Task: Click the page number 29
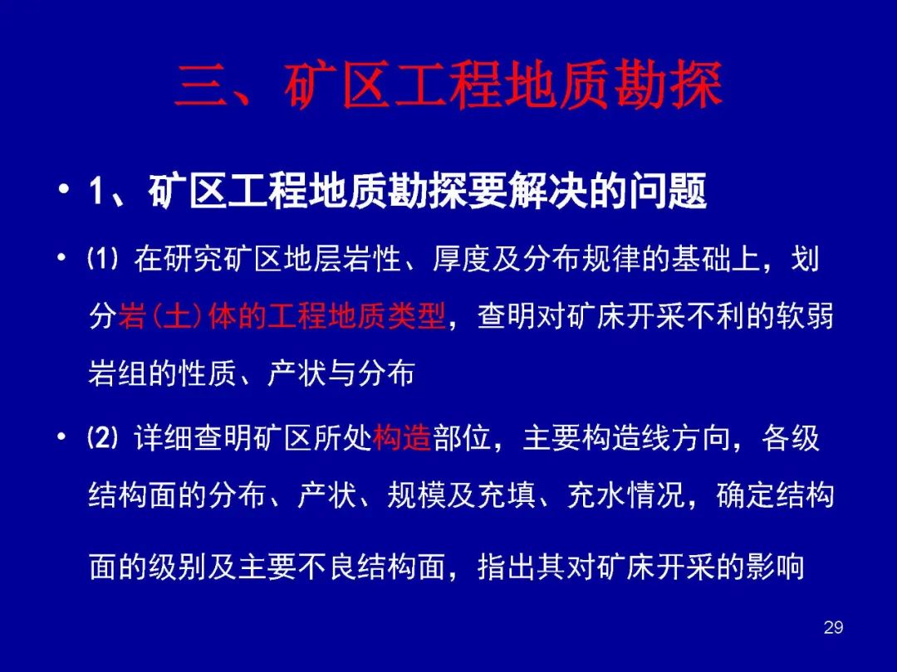click(834, 627)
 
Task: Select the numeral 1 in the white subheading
click(97, 191)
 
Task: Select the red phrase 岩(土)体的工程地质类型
click(282, 316)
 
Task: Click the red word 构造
click(402, 439)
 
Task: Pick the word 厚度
click(463, 259)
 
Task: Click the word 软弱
click(805, 316)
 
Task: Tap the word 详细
click(164, 439)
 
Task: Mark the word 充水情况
click(626, 495)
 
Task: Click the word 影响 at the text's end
click(775, 567)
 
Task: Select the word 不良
click(326, 567)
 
